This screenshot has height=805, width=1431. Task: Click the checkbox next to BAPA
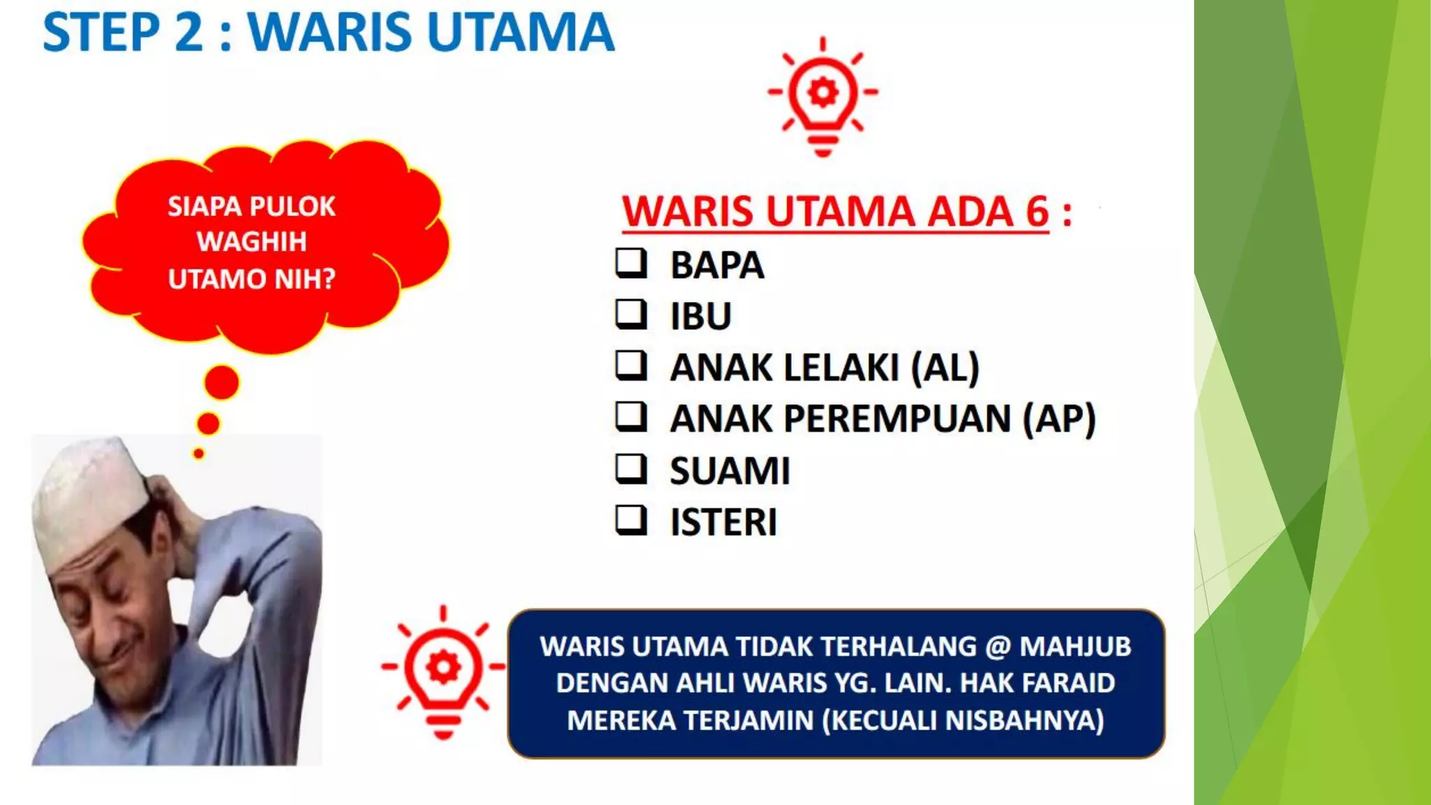coord(630,263)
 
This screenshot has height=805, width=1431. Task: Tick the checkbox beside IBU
coord(630,314)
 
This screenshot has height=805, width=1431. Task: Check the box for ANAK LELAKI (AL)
coord(630,365)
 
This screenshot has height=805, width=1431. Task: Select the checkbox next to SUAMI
coord(630,469)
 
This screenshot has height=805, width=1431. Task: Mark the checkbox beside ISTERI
coord(630,521)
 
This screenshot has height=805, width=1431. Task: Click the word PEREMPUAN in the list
coord(897,419)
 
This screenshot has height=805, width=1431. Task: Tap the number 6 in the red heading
coord(1037,212)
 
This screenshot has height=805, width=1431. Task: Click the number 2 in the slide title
coord(189,33)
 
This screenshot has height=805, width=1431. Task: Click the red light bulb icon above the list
coord(822,96)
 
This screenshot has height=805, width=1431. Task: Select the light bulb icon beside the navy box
coord(442,671)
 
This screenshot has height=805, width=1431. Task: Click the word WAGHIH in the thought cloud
coord(252,242)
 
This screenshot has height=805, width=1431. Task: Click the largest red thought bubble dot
coord(221,382)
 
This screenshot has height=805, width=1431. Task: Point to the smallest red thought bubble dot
coord(198,454)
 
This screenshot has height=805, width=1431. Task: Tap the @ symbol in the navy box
coord(998,646)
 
